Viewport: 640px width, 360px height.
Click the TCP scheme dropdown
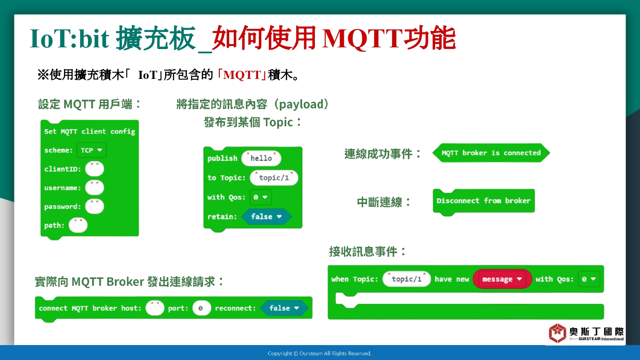(91, 150)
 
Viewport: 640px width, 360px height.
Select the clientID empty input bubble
(95, 169)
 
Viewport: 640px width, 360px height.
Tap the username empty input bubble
(95, 188)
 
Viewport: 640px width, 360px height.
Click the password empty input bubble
(95, 206)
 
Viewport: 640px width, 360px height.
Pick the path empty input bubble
(78, 225)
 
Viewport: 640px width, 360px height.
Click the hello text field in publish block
(261, 158)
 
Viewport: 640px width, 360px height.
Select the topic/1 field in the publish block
(274, 178)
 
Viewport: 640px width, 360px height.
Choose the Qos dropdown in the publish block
(260, 197)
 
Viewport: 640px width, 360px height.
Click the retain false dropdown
(266, 217)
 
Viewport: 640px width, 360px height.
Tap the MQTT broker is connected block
(491, 153)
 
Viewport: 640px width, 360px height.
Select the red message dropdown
(502, 279)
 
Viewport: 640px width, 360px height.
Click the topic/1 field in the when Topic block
(407, 279)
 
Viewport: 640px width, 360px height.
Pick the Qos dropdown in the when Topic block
(589, 279)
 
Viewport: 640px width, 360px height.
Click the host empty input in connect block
(155, 308)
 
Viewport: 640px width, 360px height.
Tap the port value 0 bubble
(201, 308)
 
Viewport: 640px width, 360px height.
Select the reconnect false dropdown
(284, 308)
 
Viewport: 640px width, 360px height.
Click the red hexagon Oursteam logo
(557, 333)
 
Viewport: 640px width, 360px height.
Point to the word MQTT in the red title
(361, 38)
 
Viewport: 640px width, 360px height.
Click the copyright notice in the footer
(320, 354)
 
